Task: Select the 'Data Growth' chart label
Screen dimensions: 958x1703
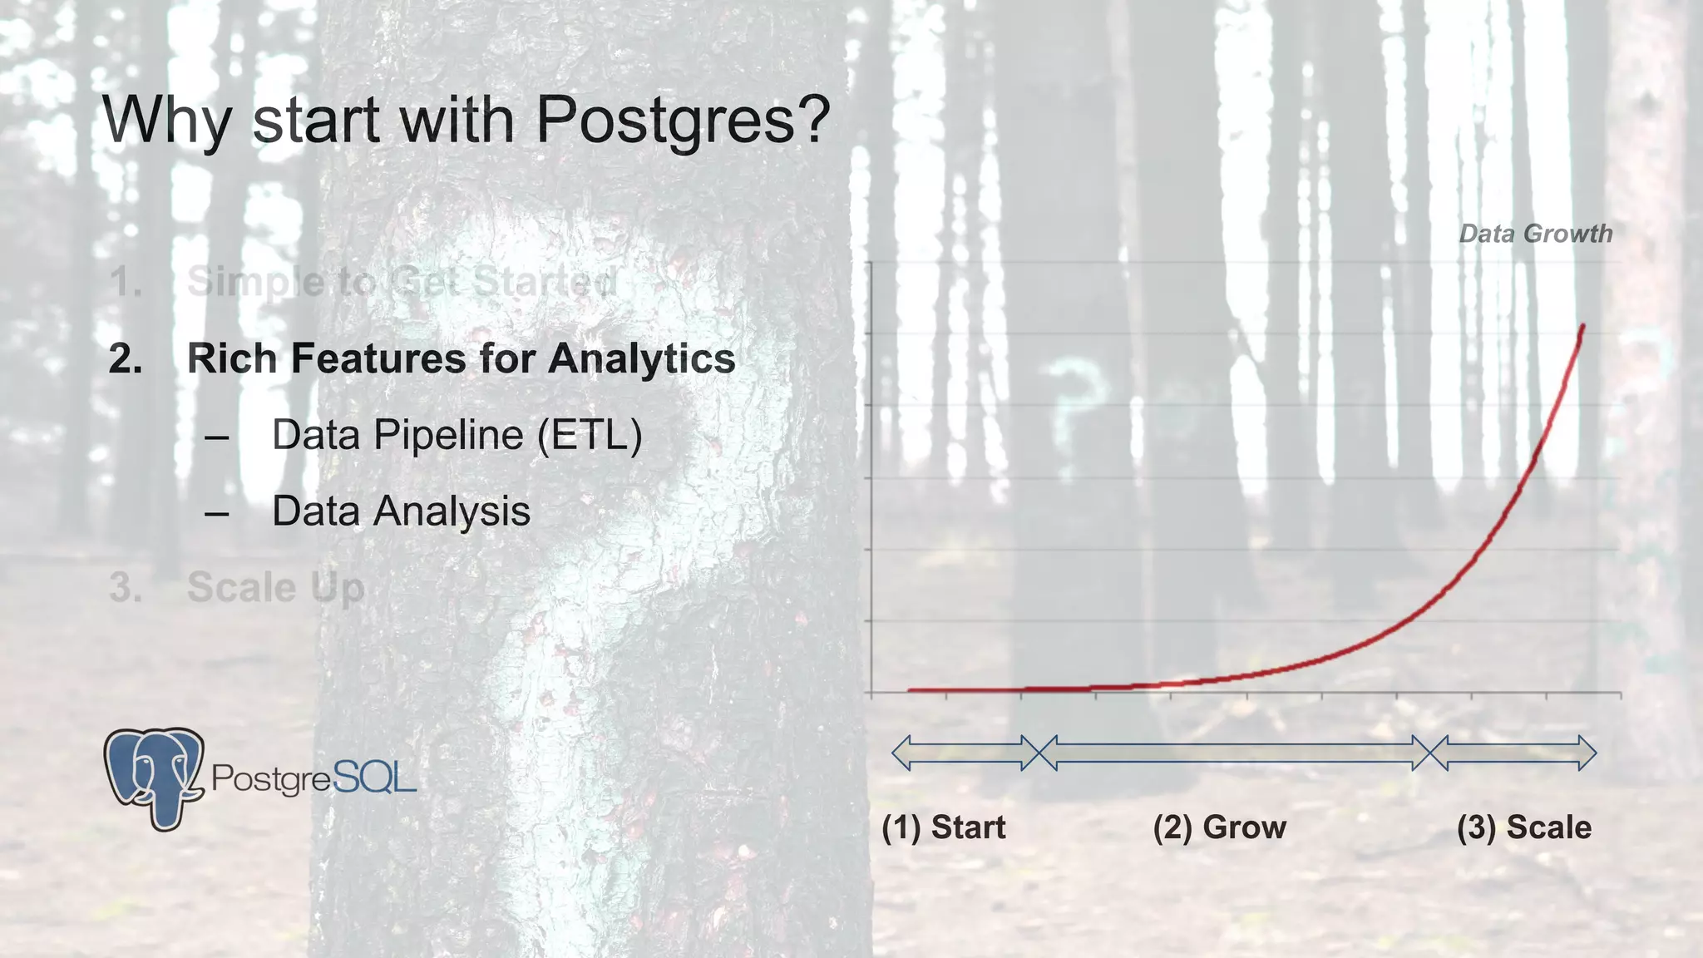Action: point(1535,234)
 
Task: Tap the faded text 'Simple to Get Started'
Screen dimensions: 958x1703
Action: point(402,283)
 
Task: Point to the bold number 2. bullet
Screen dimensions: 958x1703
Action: point(126,359)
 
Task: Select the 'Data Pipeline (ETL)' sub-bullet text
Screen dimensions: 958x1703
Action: point(457,435)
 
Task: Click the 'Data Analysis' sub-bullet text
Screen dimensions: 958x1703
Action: point(401,511)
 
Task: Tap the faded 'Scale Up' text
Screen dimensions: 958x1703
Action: point(275,588)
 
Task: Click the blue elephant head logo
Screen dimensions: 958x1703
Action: point(155,777)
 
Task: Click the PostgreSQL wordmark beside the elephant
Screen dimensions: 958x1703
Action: point(313,778)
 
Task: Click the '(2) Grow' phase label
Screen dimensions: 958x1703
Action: point(1219,827)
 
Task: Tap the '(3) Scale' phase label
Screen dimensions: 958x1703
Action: point(1523,827)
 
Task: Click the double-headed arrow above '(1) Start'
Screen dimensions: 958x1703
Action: point(965,753)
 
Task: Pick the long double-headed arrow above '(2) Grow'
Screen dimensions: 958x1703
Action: point(1234,753)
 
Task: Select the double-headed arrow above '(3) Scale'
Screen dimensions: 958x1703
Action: point(1513,753)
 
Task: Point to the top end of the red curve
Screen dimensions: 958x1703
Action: point(1582,327)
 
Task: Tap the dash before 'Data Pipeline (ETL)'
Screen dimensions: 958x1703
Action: point(216,437)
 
